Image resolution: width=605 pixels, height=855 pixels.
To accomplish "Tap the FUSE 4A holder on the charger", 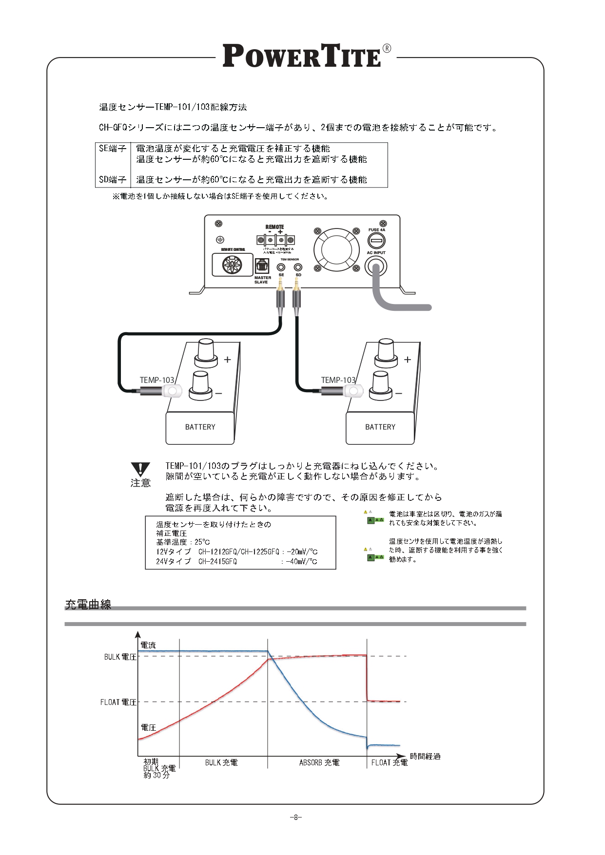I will point(376,241).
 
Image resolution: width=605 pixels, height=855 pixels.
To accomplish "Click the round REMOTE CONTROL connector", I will point(233,266).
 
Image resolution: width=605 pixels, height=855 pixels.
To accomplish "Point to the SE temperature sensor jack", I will point(281,267).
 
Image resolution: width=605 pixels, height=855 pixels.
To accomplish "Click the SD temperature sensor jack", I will point(298,267).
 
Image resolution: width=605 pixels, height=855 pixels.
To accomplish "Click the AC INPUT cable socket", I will point(376,265).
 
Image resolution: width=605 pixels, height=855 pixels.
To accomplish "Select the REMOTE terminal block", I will point(275,240).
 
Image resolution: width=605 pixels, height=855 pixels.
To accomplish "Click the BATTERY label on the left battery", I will point(200,427).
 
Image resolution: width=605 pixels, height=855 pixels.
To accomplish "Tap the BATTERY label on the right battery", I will point(380,427).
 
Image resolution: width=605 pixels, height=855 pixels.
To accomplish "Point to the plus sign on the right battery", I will point(408,360).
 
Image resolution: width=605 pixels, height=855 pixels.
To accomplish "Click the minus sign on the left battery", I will point(219,393).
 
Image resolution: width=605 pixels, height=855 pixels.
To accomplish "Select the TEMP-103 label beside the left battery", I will point(156,380).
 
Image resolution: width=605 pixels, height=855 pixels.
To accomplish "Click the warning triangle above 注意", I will point(140,469).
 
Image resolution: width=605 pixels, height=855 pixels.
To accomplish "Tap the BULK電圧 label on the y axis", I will point(120,657).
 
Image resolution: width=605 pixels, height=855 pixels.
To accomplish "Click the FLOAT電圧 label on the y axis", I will point(118,702).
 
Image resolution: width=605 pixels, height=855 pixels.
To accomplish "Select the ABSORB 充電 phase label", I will point(319,762).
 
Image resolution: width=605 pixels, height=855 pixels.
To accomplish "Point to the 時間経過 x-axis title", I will point(425,756).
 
